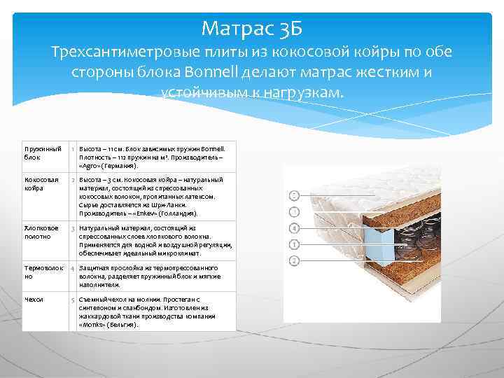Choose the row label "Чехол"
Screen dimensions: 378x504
(x=33, y=299)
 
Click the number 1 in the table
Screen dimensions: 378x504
(x=73, y=149)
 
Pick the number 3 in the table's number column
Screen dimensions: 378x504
(x=73, y=229)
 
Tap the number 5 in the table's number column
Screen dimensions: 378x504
(x=73, y=300)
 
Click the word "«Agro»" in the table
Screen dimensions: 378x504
(x=92, y=167)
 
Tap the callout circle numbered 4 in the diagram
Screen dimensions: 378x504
(x=295, y=228)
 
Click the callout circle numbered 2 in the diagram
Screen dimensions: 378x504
(x=295, y=195)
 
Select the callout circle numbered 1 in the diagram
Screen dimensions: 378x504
(x=295, y=211)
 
